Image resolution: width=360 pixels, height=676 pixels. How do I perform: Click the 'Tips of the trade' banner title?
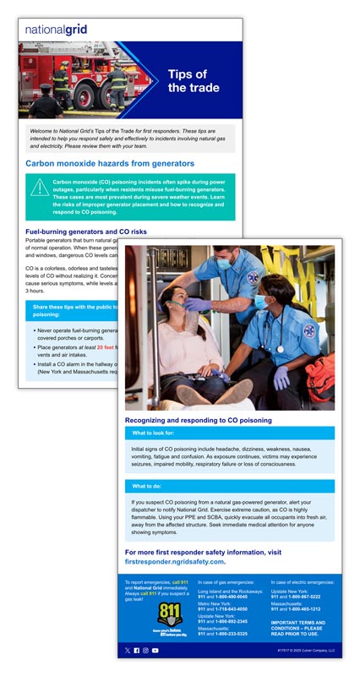point(193,81)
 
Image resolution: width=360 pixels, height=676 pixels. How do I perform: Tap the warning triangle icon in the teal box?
point(38,188)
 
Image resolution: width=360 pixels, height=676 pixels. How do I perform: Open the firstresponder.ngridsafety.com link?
point(175,561)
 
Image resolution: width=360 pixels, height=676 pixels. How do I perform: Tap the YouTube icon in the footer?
point(155,650)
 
